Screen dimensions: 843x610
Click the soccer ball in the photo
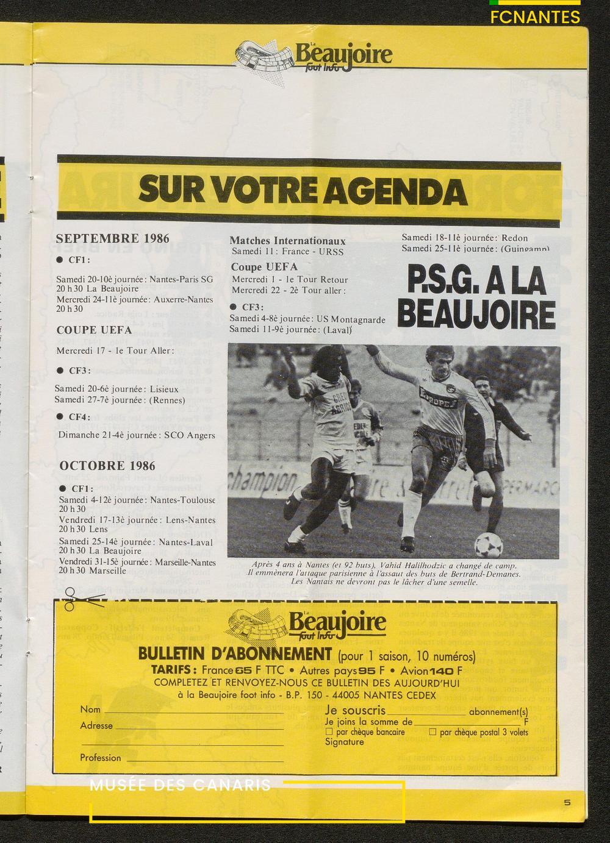489,543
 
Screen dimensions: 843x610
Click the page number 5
567,802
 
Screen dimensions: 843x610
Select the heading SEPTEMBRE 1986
113,239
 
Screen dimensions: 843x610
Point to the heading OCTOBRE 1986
107,466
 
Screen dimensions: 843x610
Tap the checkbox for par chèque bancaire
329,731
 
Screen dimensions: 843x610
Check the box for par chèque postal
432,731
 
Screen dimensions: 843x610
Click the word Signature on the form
344,742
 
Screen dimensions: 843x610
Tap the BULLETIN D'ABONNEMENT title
235,655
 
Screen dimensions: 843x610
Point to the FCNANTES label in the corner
535,17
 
